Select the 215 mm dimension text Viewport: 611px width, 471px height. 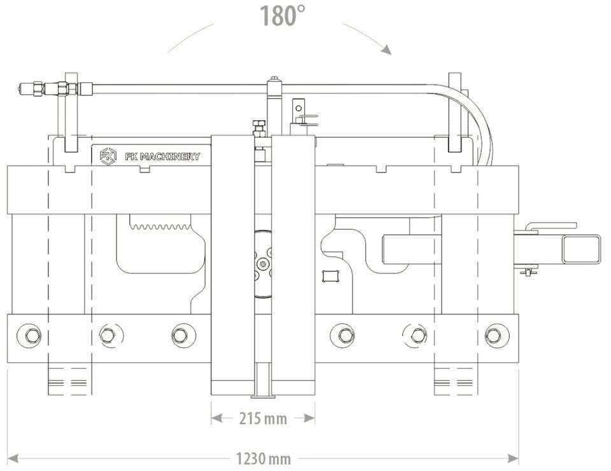(263, 419)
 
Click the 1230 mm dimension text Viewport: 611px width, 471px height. (263, 458)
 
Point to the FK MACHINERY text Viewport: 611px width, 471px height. (162, 157)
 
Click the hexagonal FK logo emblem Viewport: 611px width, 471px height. (108, 156)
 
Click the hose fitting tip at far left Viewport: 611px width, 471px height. (20, 89)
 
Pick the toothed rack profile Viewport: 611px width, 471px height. (160, 226)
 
